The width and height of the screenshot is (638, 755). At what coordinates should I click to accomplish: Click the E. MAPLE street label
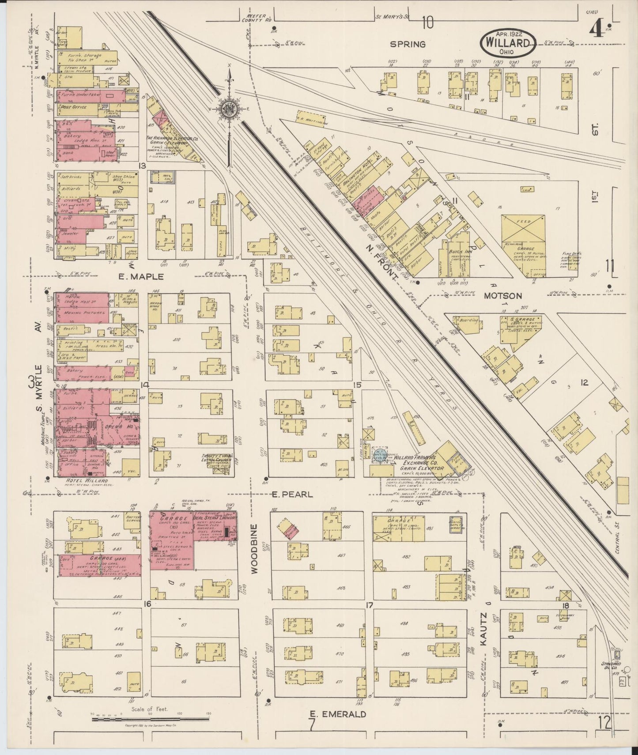point(141,277)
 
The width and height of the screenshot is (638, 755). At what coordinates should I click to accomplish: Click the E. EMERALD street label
point(337,714)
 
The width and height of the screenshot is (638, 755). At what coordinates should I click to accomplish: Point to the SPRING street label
point(408,44)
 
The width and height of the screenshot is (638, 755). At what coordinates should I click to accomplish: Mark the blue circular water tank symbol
point(378,454)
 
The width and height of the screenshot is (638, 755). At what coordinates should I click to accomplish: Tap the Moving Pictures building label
point(79,313)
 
